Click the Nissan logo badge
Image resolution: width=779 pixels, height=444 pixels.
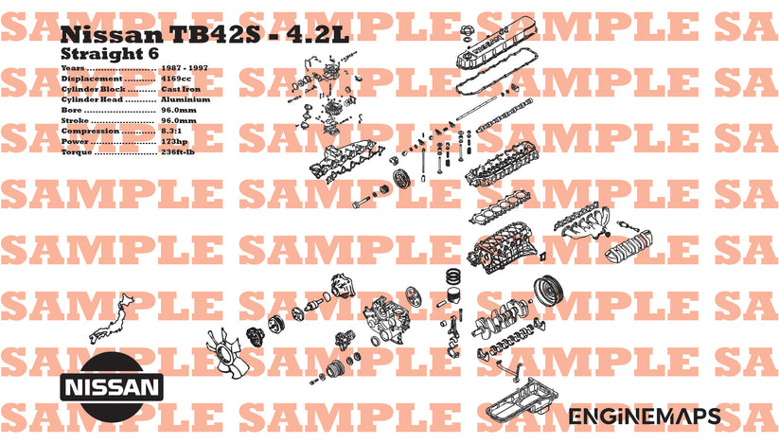(112, 387)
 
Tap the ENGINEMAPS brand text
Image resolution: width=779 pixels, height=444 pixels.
(644, 417)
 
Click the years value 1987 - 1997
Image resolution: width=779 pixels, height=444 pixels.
(183, 68)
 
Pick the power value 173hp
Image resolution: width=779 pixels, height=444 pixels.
(174, 141)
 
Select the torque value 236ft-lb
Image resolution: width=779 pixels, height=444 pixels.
(178, 151)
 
